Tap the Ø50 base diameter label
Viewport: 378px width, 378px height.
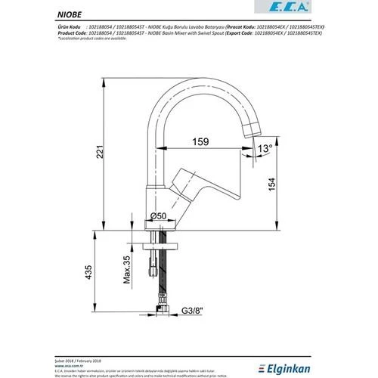pyautogui.click(x=179, y=217)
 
